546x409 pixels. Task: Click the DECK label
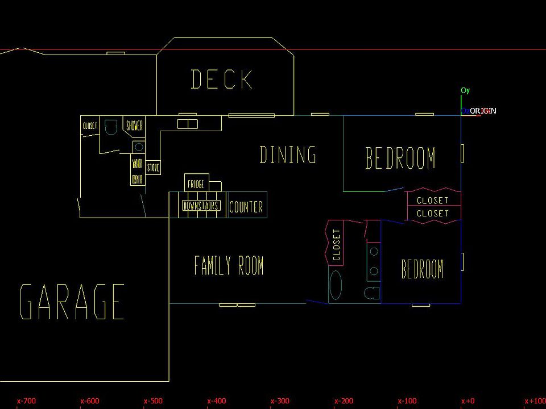[x=222, y=80]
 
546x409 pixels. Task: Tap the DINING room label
[x=288, y=155]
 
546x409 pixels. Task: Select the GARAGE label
[x=72, y=302]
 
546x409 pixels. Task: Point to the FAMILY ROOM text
[x=229, y=266]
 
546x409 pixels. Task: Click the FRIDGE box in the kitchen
[x=196, y=185]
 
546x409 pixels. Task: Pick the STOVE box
[x=154, y=168]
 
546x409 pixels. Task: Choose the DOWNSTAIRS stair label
[x=201, y=206]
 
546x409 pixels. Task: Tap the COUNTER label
[x=246, y=207]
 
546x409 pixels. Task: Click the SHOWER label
[x=134, y=126]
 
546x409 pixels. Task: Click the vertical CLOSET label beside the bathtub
[x=336, y=245]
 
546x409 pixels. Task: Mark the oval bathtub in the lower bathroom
[x=336, y=285]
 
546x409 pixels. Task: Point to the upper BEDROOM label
[x=400, y=158]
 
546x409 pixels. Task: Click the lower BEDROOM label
[x=422, y=269]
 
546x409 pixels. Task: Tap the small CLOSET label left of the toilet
[x=90, y=126]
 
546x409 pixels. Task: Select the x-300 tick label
[x=280, y=401]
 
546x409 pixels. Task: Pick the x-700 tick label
[x=26, y=401]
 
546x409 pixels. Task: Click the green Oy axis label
[x=465, y=90]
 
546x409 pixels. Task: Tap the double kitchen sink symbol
[x=187, y=124]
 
